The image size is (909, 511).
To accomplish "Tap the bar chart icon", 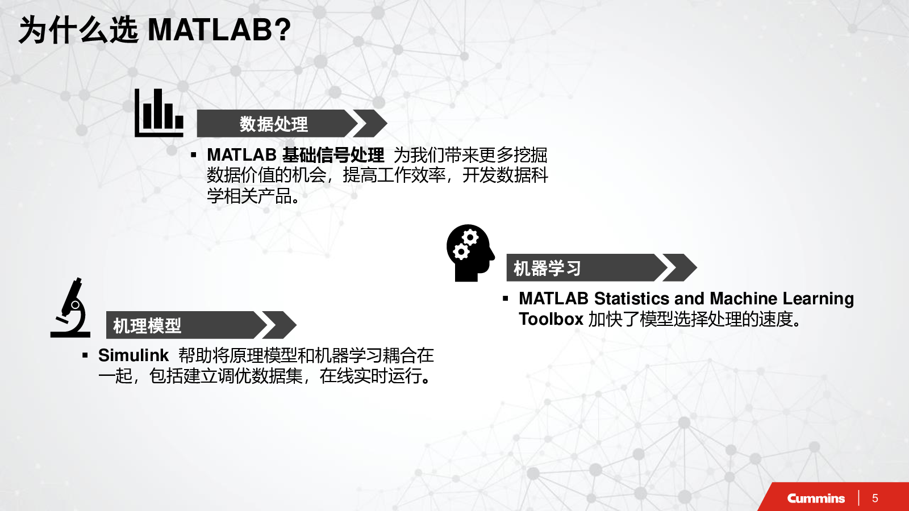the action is click(x=159, y=113).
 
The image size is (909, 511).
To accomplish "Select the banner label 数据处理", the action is click(x=273, y=124).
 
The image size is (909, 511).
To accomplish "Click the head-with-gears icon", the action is click(x=471, y=253).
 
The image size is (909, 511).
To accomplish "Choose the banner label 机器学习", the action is click(x=548, y=268).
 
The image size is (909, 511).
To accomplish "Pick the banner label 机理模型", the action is click(x=147, y=325).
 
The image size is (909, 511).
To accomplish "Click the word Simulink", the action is click(x=133, y=355).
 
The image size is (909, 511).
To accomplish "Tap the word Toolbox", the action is click(x=551, y=319).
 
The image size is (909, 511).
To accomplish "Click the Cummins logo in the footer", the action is click(x=816, y=498).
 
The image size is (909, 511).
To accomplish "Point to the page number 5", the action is click(x=875, y=498).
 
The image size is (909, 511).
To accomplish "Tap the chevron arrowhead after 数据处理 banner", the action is click(x=370, y=123).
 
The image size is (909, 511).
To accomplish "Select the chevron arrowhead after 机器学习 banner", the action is click(x=679, y=267).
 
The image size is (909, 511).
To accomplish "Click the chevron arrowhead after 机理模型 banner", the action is click(x=280, y=325).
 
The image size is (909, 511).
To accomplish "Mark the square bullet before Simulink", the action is click(x=85, y=355).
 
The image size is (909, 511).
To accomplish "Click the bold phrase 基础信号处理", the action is click(x=333, y=155).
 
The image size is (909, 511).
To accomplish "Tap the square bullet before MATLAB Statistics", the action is click(x=505, y=299).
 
